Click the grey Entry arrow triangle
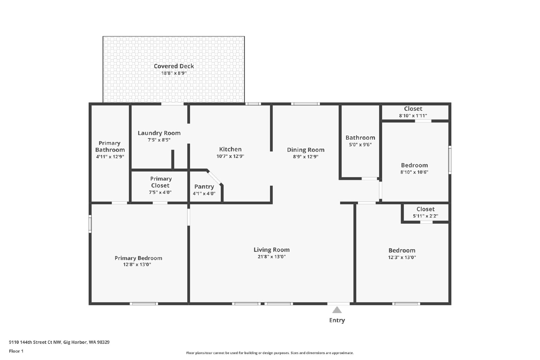tap(337, 310)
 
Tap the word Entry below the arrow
tap(337, 320)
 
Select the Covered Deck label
tap(174, 66)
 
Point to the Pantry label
tap(204, 187)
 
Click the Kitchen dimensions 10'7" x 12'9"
tap(230, 156)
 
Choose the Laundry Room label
tap(159, 133)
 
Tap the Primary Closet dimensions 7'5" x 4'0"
tap(160, 192)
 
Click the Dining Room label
tap(306, 150)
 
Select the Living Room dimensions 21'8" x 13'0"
tap(272, 257)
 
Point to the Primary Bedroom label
tap(138, 258)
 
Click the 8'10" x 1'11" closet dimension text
tap(413, 116)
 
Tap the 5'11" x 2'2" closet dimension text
tap(426, 216)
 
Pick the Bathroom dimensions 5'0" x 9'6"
tap(360, 145)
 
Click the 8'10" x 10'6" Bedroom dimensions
tap(414, 172)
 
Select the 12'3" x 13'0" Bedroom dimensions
tap(402, 257)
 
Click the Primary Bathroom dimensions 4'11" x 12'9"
tap(110, 157)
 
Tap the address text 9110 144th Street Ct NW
tap(35, 342)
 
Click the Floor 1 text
tap(16, 351)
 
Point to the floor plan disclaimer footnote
tap(270, 353)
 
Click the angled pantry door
tap(215, 177)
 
